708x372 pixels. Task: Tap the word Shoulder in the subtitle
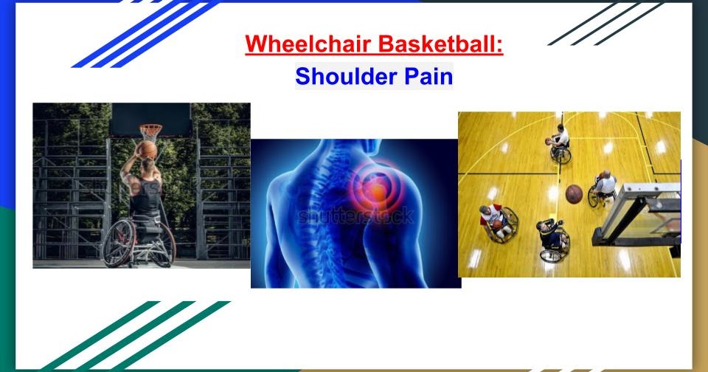(341, 76)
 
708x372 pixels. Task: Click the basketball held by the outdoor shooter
(147, 151)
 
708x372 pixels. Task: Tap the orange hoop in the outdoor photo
(150, 131)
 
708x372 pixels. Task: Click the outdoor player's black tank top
(147, 198)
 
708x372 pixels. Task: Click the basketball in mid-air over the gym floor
(574, 194)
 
